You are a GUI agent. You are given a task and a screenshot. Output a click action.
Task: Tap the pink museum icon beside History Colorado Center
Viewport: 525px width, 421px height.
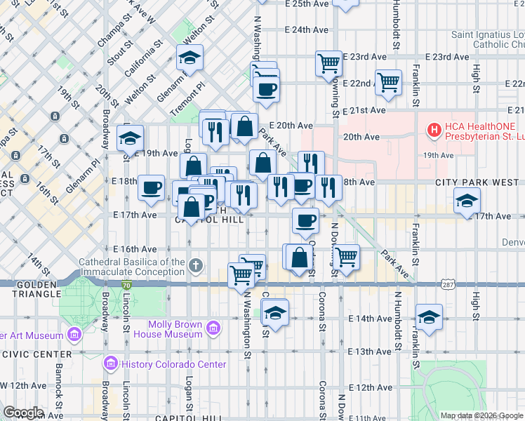[109, 364]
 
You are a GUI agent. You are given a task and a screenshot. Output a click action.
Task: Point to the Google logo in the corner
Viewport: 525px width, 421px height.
[22, 413]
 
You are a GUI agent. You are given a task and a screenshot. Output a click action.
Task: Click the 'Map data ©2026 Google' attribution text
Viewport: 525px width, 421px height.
[481, 415]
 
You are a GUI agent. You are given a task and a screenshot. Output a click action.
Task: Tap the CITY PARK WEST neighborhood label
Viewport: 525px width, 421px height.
[477, 182]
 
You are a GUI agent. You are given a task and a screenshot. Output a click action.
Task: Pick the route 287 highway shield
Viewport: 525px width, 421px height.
[448, 284]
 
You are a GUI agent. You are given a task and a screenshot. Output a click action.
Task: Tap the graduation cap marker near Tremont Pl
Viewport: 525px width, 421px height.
[189, 59]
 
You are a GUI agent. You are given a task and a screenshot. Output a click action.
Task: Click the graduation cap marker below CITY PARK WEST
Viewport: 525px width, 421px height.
[467, 201]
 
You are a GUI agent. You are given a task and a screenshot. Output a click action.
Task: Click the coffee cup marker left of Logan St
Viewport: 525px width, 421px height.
[152, 187]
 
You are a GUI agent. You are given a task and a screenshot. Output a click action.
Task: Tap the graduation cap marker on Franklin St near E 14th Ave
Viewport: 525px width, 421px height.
[429, 316]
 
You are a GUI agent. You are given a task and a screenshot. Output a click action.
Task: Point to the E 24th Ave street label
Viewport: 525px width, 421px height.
[307, 30]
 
